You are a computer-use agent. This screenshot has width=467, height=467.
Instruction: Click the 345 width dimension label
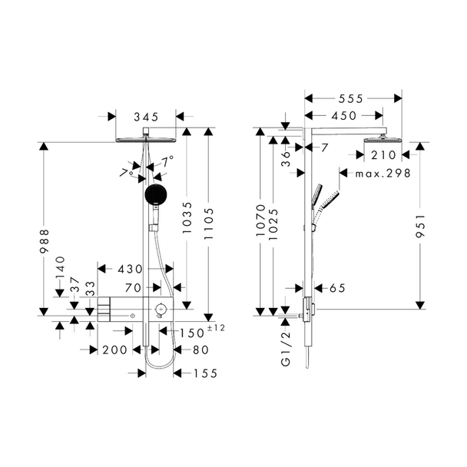pyautogui.click(x=146, y=117)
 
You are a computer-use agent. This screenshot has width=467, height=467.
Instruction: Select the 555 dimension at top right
pyautogui.click(x=351, y=98)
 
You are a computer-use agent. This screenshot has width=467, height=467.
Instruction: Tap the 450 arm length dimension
pyautogui.click(x=344, y=115)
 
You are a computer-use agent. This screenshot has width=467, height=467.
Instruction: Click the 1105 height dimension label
pyautogui.click(x=209, y=224)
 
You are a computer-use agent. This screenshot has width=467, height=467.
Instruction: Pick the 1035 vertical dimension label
pyautogui.click(x=187, y=217)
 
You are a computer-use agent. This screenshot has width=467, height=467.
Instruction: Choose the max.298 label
pyautogui.click(x=383, y=173)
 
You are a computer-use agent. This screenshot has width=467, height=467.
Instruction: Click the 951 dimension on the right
pyautogui.click(x=420, y=226)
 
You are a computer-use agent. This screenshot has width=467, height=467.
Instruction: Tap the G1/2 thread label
pyautogui.click(x=286, y=349)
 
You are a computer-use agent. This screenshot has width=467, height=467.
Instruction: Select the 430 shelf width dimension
pyautogui.click(x=130, y=270)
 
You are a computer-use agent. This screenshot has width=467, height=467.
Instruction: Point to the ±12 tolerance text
pyautogui.click(x=216, y=328)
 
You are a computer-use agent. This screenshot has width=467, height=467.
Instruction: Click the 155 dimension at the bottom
pyautogui.click(x=206, y=373)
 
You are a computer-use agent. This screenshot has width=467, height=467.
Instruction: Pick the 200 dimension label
pyautogui.click(x=115, y=350)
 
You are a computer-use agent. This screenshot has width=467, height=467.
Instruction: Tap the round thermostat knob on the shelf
pyautogui.click(x=161, y=309)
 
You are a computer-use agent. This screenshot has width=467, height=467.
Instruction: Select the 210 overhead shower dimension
pyautogui.click(x=383, y=155)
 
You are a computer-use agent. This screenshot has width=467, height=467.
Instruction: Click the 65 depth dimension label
pyautogui.click(x=337, y=288)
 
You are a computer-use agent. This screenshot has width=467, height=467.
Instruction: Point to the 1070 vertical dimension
pyautogui.click(x=261, y=220)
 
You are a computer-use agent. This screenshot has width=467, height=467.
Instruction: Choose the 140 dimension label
pyautogui.click(x=60, y=267)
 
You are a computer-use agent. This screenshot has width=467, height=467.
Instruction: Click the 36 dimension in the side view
pyautogui.click(x=285, y=159)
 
